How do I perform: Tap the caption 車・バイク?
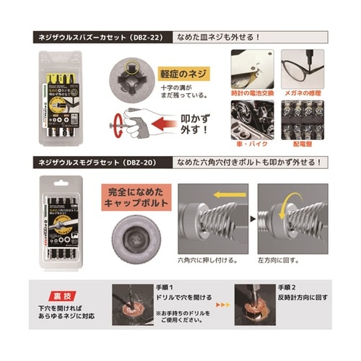[251, 144]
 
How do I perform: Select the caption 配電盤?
[302, 144]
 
